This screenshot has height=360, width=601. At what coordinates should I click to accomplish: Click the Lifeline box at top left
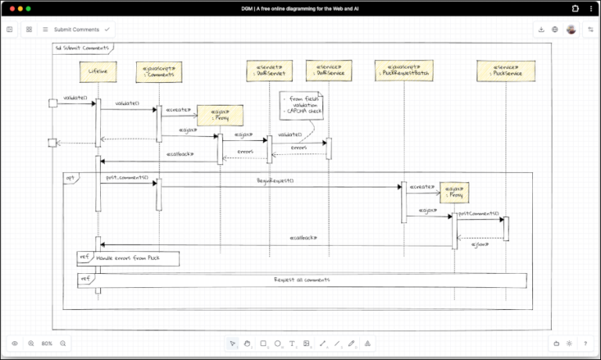98,72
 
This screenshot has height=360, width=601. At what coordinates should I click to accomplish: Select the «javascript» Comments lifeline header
159,72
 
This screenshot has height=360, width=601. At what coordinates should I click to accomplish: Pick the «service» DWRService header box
328,72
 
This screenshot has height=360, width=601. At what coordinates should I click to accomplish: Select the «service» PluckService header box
506,72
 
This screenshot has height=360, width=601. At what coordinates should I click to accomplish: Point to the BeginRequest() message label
275,181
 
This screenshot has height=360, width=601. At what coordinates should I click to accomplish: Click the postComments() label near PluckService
478,214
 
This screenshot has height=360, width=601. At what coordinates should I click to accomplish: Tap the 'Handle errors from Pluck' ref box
128,257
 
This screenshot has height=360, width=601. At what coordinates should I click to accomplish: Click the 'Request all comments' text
301,279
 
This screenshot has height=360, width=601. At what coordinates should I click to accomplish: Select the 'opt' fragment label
69,178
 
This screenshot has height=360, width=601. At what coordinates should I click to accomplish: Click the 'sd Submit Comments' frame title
82,49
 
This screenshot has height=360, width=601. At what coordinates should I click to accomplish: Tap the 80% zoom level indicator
47,344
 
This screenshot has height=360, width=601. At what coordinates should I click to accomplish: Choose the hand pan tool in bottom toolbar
247,344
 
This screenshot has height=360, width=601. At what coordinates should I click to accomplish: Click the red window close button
12,8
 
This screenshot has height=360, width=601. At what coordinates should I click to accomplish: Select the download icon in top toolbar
541,29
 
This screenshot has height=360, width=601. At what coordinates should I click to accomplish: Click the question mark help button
585,344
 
